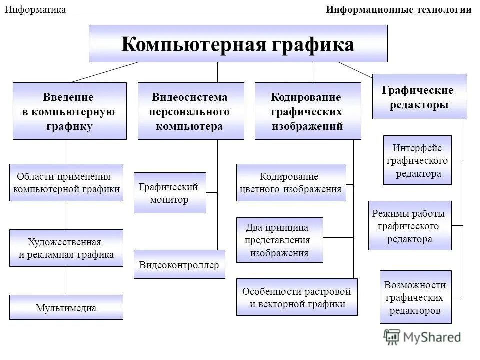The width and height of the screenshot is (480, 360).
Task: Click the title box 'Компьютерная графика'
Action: click(x=238, y=44)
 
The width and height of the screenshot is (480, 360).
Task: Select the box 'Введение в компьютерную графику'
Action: click(x=68, y=111)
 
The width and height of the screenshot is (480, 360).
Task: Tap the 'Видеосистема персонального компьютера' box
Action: click(x=191, y=111)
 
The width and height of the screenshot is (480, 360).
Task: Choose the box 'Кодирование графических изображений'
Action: click(x=307, y=111)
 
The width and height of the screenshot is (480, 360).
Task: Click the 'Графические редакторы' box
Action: click(x=419, y=97)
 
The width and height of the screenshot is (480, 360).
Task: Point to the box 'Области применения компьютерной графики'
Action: click(x=66, y=183)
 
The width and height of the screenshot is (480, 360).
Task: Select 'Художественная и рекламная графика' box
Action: click(x=66, y=248)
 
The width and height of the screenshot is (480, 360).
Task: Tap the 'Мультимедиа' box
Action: click(x=66, y=308)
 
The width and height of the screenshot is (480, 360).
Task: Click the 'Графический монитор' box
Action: click(x=170, y=193)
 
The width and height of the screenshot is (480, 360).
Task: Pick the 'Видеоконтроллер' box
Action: click(x=179, y=264)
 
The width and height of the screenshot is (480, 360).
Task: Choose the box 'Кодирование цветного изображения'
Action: click(x=291, y=183)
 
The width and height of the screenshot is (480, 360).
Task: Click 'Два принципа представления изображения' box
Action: click(x=279, y=240)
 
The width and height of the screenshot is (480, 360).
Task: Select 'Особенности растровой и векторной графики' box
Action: click(x=297, y=297)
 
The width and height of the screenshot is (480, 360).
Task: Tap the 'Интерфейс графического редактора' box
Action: click(x=417, y=160)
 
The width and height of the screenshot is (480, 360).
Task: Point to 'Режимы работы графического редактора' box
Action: click(x=410, y=226)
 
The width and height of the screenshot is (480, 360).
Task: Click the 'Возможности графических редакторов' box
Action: click(x=415, y=297)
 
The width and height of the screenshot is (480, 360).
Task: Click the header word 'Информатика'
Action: click(x=35, y=10)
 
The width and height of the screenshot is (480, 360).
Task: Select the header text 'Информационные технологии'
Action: click(x=398, y=10)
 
